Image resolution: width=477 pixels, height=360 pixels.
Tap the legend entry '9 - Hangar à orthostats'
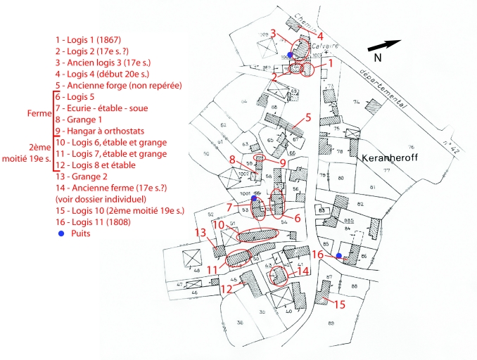[x=105, y=131]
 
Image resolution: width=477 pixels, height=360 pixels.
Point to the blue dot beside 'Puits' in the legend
[x=62, y=233]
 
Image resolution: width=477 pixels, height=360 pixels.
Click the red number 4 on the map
[x=320, y=35]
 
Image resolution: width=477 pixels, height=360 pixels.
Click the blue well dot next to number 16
[x=338, y=255]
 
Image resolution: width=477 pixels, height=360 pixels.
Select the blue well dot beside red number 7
[x=253, y=199]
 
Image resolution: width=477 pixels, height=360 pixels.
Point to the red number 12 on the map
[x=226, y=288]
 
